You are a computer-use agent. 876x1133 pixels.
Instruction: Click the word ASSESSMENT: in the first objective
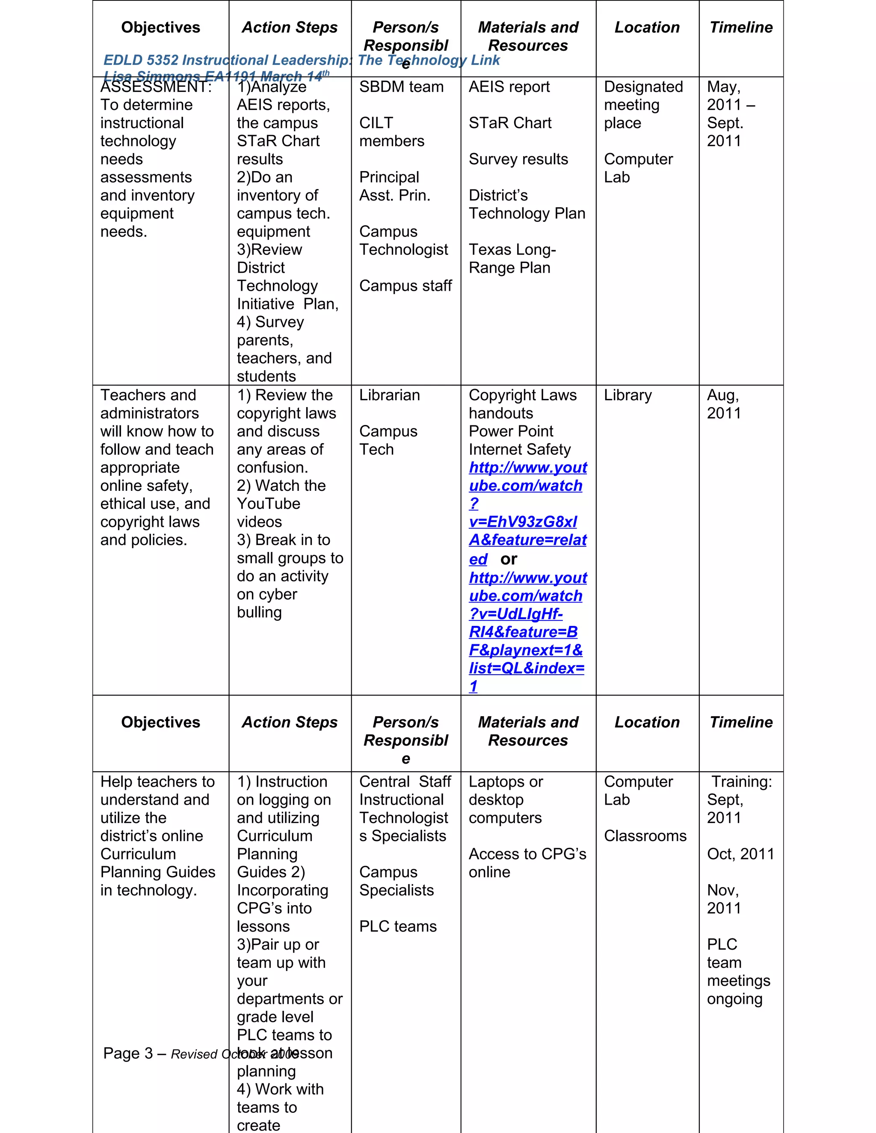pyautogui.click(x=156, y=87)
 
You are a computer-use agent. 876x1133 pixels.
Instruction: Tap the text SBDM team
pyautogui.click(x=401, y=87)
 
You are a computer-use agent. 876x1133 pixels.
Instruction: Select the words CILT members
pyautogui.click(x=391, y=132)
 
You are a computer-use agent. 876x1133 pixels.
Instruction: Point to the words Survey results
pyautogui.click(x=518, y=159)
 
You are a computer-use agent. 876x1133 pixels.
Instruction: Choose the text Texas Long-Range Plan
pyautogui.click(x=512, y=258)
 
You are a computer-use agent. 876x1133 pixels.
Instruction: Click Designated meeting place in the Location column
pyautogui.click(x=643, y=105)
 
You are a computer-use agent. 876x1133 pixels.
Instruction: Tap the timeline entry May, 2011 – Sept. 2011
pyautogui.click(x=730, y=114)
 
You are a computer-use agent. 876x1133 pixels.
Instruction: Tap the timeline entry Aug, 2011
pyautogui.click(x=723, y=404)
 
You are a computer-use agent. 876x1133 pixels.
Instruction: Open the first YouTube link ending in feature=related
pyautogui.click(x=527, y=513)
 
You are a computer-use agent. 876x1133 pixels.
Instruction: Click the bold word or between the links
pyautogui.click(x=509, y=559)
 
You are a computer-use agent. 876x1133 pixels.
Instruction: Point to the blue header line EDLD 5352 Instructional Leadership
pyautogui.click(x=301, y=60)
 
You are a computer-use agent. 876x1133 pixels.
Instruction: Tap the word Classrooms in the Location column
pyautogui.click(x=645, y=836)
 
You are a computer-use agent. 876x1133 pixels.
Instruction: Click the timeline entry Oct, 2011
pyautogui.click(x=740, y=854)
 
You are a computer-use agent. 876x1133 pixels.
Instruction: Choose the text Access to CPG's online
pyautogui.click(x=527, y=863)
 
